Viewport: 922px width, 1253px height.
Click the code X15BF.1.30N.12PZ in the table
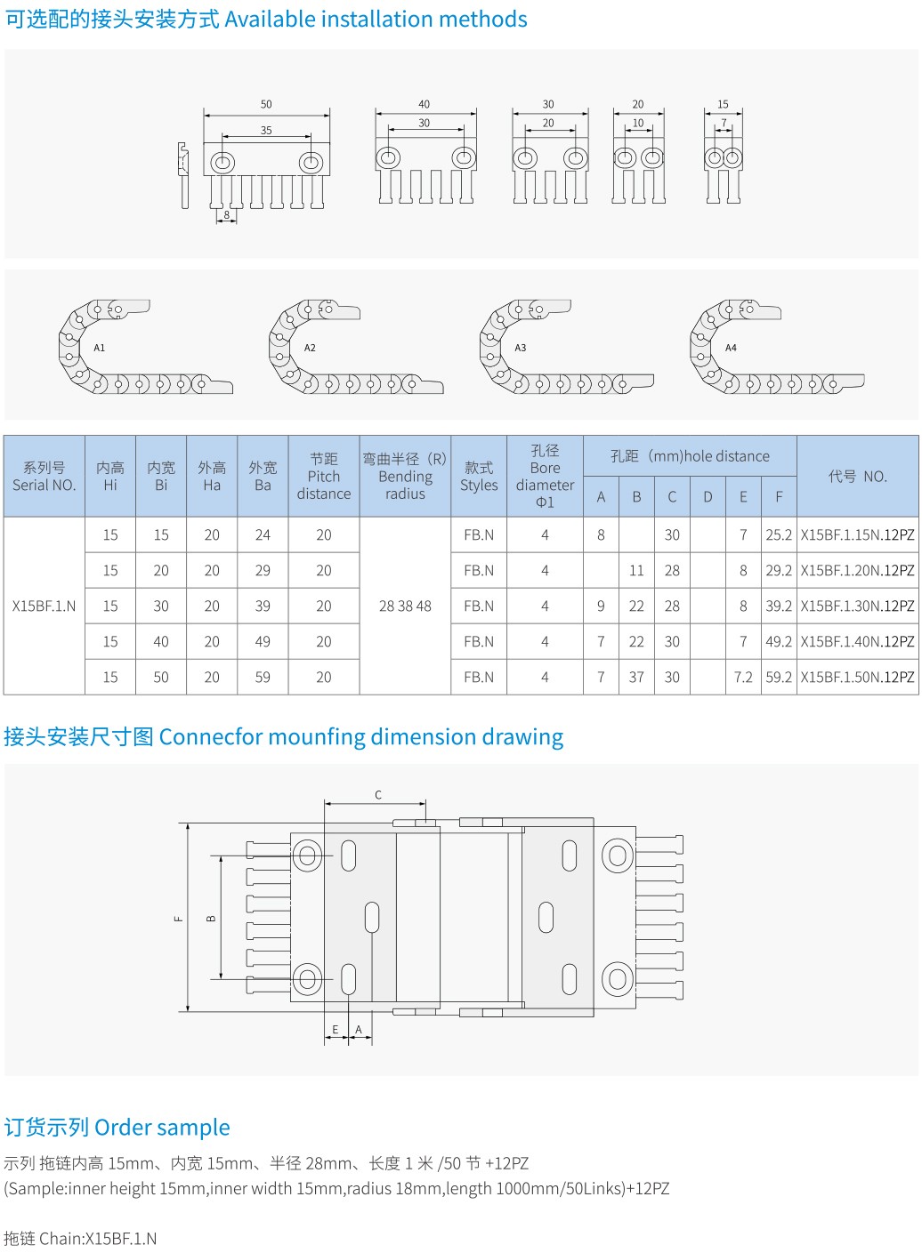pos(857,606)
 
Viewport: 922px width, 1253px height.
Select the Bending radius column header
pos(405,477)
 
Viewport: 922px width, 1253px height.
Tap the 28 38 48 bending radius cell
pos(405,606)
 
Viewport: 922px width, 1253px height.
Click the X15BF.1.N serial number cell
pos(44,606)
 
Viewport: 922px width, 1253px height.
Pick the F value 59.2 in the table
pos(779,677)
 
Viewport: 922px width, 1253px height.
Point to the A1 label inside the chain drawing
pos(100,348)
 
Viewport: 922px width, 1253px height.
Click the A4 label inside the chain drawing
pos(731,348)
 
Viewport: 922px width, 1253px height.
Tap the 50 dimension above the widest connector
pos(266,105)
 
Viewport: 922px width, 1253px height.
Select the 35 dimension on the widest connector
pos(266,131)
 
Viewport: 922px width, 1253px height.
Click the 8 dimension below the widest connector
pos(227,214)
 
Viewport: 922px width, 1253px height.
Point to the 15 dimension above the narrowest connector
pos(723,105)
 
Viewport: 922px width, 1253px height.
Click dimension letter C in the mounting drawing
pos(378,795)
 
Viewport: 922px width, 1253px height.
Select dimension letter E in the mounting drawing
pos(336,1030)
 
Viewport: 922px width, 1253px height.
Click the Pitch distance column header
pos(324,477)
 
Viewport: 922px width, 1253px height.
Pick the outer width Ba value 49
pos(263,641)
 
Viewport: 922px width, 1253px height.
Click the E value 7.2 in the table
pos(743,677)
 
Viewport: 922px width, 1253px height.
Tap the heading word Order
pos(124,1128)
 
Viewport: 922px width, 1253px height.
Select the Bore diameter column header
pos(545,477)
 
